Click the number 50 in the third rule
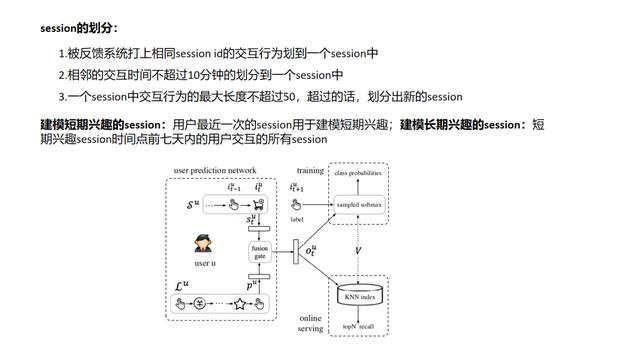(x=318, y=97)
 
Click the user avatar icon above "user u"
(x=203, y=244)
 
